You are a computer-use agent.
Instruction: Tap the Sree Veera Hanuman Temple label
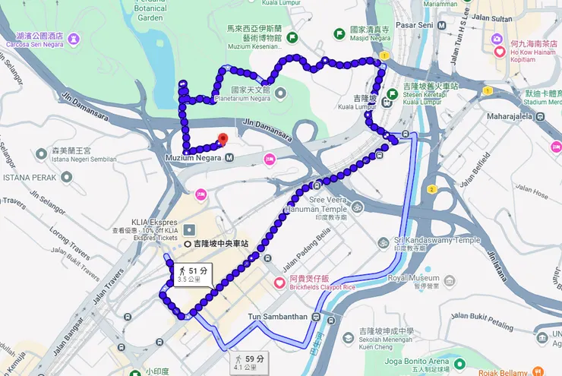pos(316,203)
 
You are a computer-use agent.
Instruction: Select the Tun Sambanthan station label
pos(277,317)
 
